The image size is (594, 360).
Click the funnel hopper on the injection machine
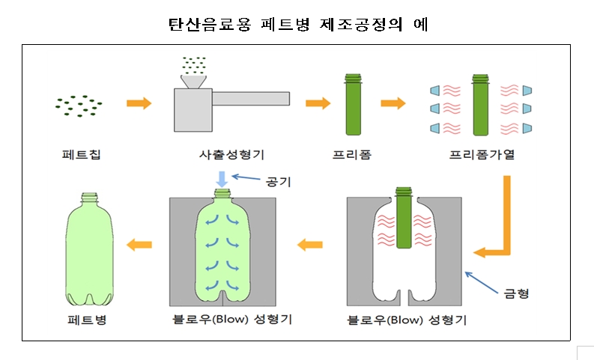tap(197, 80)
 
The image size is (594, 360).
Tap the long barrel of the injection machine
tap(254, 98)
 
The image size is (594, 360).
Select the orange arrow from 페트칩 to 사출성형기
tap(138, 103)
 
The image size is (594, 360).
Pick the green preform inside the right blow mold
tap(404, 222)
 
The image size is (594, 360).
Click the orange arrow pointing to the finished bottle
tap(139, 244)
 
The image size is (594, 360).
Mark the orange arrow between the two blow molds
tap(310, 244)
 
